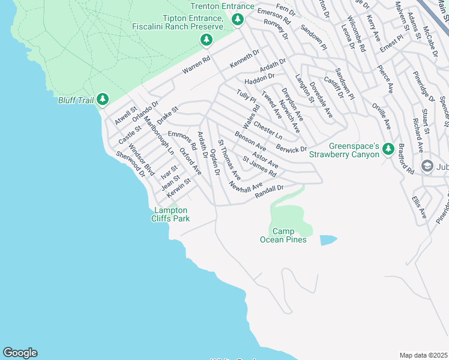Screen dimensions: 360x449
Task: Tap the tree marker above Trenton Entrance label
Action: [238, 20]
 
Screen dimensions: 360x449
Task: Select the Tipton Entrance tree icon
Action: [206, 40]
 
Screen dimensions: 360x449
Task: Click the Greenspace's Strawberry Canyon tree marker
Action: [388, 148]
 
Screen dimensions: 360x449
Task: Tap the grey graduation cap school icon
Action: [428, 166]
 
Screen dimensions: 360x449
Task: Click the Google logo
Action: [20, 353]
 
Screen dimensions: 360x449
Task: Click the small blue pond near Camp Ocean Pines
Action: [328, 240]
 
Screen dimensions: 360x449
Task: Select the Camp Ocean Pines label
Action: [283, 236]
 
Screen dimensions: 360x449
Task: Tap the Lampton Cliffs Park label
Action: [172, 214]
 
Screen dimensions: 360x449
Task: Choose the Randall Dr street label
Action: [269, 189]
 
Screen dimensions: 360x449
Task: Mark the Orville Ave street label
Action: [381, 118]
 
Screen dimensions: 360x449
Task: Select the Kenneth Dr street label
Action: [244, 58]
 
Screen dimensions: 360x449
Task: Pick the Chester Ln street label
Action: [267, 130]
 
